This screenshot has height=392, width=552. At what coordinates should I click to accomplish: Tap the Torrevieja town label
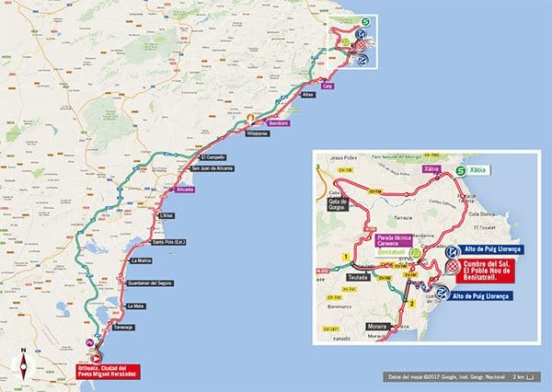click(125, 327)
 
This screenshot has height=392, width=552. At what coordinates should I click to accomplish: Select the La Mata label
click(136, 306)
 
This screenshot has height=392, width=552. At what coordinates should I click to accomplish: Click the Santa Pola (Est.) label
click(171, 242)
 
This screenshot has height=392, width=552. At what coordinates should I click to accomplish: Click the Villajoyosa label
click(257, 133)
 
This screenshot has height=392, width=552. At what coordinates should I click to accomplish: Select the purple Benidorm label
click(278, 122)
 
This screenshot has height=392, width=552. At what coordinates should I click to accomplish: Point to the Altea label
click(308, 95)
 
